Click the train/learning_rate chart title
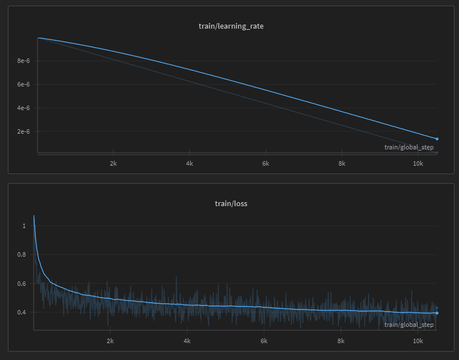[x=231, y=26]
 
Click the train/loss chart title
[x=231, y=203]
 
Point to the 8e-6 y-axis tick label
[x=23, y=61]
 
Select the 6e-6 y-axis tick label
[x=23, y=84]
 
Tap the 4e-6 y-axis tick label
[x=23, y=108]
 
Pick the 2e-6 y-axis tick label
[x=23, y=131]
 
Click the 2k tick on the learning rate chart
[x=113, y=163]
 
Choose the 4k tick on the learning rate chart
[x=190, y=163]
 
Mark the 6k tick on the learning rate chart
[x=266, y=163]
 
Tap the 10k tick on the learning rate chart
[x=418, y=163]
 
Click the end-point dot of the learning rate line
[x=437, y=139]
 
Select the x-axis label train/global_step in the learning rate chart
[x=408, y=147]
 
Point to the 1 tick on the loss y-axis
[x=24, y=226]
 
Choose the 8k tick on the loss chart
[x=341, y=341]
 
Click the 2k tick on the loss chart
[x=111, y=341]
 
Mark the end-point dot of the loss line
[x=437, y=313]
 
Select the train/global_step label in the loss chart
[x=408, y=325]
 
